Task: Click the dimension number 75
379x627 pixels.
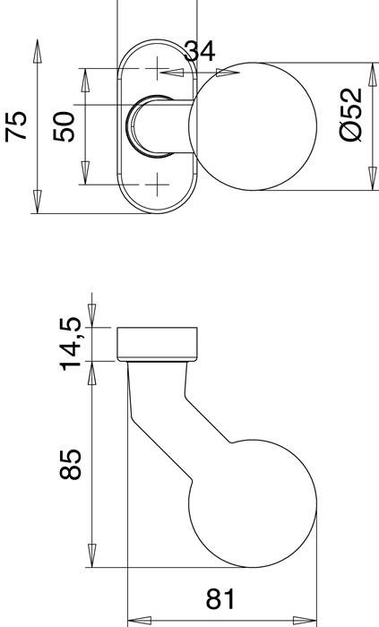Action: point(16,126)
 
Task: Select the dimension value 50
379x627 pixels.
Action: point(65,126)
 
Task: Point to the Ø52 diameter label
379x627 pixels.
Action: point(352,114)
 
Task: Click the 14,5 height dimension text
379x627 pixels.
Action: point(72,342)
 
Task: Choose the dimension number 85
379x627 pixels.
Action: point(72,463)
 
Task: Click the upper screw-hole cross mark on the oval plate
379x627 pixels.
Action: point(158,68)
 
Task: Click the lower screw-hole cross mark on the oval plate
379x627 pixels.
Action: point(158,185)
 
